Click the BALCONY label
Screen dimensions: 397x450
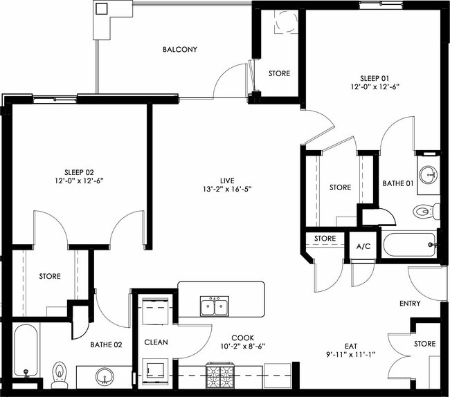[x=180, y=50]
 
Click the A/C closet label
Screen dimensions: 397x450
[x=363, y=247]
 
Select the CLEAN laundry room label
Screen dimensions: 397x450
[x=156, y=342]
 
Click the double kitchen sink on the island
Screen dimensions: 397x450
[x=215, y=306]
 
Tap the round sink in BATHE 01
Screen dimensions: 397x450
[x=428, y=173]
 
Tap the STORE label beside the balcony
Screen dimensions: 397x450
[x=279, y=73]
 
